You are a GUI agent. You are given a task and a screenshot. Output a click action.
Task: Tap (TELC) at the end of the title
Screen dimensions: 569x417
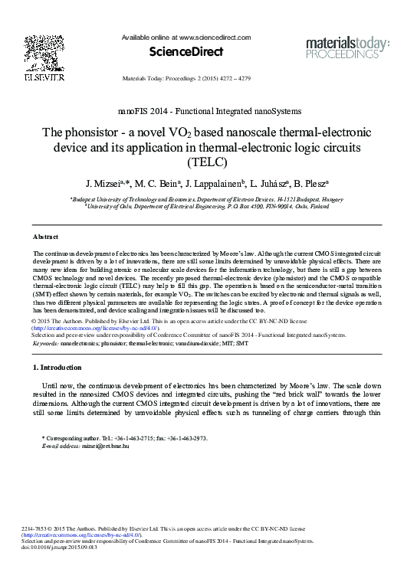pos(208,162)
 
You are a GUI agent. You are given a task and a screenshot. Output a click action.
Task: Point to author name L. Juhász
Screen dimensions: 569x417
pos(266,184)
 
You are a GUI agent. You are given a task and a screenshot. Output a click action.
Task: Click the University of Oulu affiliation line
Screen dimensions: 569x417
pos(208,206)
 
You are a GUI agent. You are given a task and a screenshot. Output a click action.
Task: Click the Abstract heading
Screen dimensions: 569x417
pos(45,237)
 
